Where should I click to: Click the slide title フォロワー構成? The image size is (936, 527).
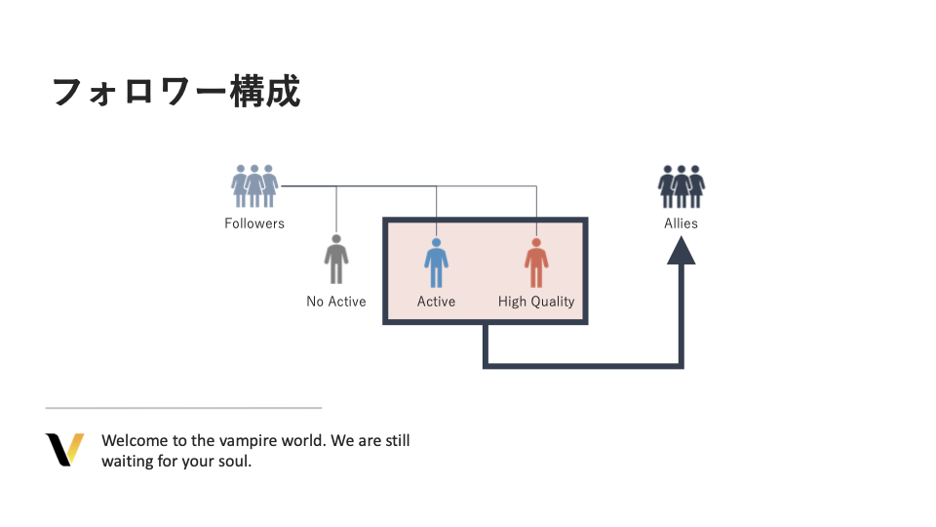coord(175,92)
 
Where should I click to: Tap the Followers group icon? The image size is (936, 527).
coord(254,185)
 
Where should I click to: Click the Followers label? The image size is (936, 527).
coord(254,223)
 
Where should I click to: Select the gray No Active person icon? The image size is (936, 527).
coord(336,260)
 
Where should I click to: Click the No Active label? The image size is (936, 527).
coord(336,302)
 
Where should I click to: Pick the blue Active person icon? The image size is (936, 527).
coord(436,263)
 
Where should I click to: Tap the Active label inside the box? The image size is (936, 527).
coord(436,302)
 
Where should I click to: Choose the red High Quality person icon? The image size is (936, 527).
coord(536,263)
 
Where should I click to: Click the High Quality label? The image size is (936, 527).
coord(536,302)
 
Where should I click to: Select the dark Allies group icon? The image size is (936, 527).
coord(682,185)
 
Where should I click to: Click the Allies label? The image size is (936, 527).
coord(682,223)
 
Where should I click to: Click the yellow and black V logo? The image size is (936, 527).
coord(64,450)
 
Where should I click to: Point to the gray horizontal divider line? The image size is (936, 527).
coord(183,408)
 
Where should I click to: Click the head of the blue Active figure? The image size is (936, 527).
coord(436,242)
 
